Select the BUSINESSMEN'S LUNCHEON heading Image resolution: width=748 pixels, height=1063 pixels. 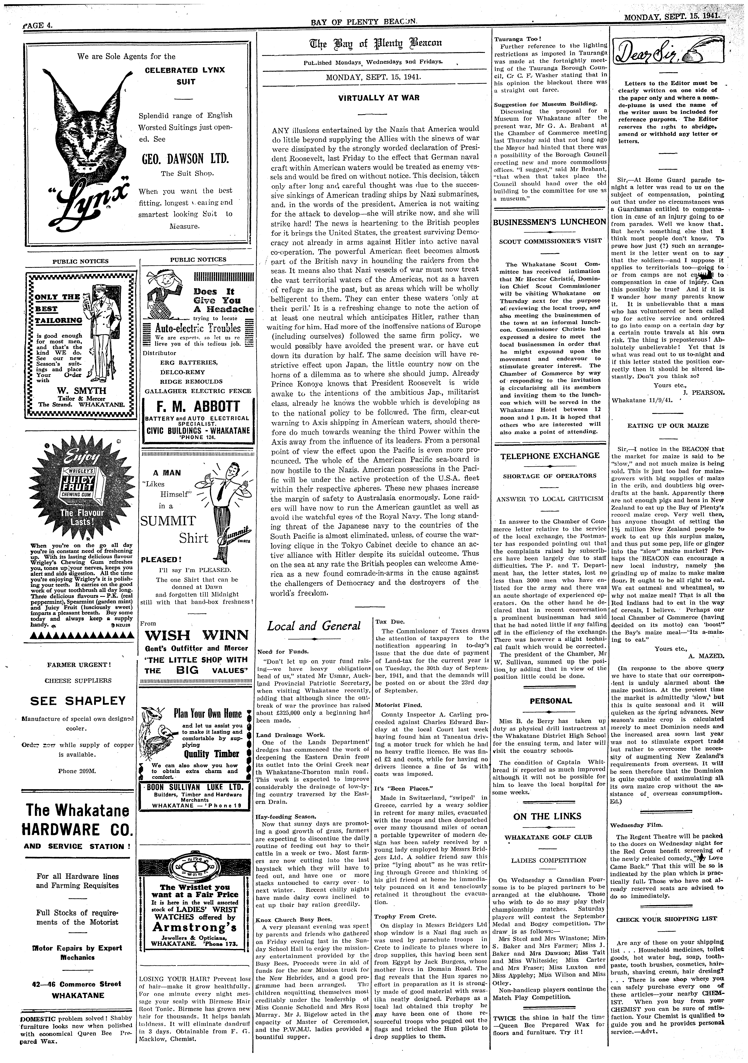[x=549, y=222]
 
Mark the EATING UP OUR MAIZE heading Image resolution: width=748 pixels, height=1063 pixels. [x=667, y=425]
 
